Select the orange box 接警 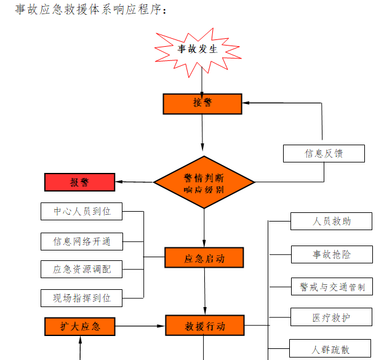(x=202, y=103)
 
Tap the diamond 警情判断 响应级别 (x=204, y=183)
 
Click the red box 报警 (x=79, y=182)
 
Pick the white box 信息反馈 (x=324, y=153)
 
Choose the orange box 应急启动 (x=204, y=258)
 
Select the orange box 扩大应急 (x=81, y=326)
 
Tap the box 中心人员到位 (x=82, y=212)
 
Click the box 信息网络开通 (x=82, y=241)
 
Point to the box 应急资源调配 (x=82, y=269)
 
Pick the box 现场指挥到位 (x=82, y=298)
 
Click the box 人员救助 (x=332, y=222)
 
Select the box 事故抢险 (x=332, y=254)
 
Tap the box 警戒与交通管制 (x=332, y=286)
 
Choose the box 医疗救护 (x=332, y=318)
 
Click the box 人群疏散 (x=330, y=349)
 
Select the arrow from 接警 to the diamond (x=202, y=132)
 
